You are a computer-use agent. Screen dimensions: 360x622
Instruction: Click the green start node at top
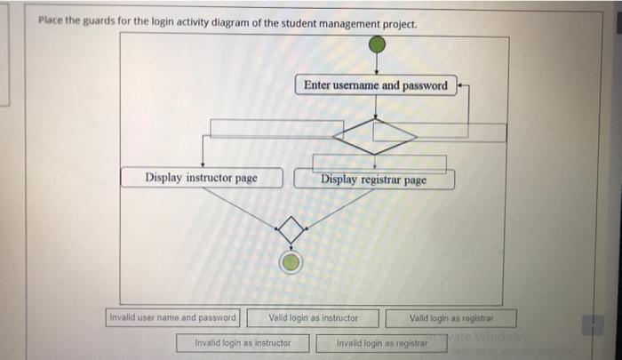pos(377,44)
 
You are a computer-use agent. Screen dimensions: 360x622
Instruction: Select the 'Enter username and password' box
pos(375,85)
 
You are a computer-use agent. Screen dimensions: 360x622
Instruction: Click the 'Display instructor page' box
pos(202,178)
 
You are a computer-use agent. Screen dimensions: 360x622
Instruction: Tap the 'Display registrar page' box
pos(374,180)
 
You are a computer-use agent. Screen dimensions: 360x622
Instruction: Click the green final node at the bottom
pos(291,261)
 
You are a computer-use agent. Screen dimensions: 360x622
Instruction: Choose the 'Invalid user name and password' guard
pos(172,317)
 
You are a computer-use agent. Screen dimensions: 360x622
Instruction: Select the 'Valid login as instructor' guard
pos(314,317)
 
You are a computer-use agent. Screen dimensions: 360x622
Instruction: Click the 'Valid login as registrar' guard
pos(451,317)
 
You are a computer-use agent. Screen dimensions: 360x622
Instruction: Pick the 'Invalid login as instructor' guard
pos(243,342)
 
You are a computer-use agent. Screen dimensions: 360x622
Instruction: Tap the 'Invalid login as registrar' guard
pos(382,342)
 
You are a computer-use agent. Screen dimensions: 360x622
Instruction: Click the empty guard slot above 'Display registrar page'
pos(379,163)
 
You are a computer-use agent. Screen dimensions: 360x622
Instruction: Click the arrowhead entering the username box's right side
pos(461,85)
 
